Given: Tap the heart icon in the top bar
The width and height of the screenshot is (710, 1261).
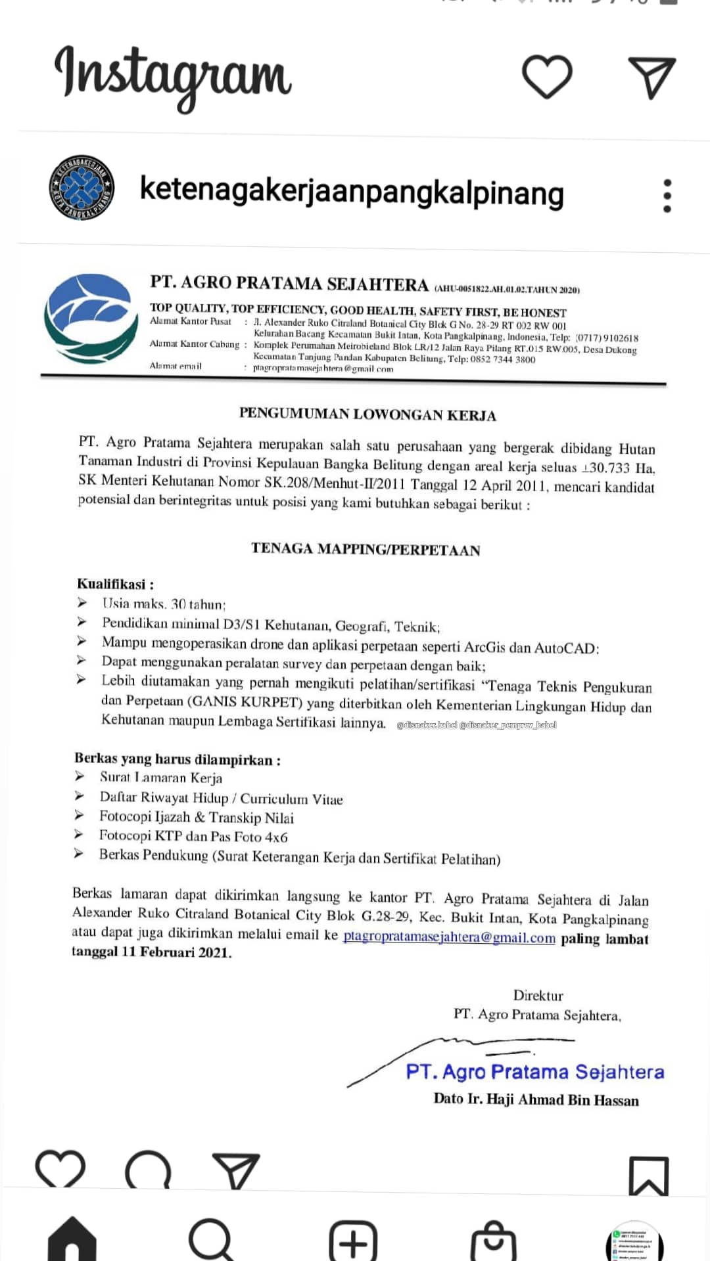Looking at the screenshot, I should click(x=547, y=76).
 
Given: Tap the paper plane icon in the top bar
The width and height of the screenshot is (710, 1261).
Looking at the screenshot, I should click(x=651, y=77).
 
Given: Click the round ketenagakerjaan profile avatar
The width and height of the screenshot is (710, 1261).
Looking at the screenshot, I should click(x=82, y=188).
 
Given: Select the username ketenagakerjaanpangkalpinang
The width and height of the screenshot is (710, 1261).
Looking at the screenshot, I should click(x=352, y=192).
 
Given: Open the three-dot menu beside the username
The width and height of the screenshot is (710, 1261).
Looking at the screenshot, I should click(x=667, y=196).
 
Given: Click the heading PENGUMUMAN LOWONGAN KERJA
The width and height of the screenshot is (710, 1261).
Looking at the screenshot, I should click(x=367, y=414).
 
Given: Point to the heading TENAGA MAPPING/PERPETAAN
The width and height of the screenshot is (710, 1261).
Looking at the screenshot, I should click(x=366, y=549).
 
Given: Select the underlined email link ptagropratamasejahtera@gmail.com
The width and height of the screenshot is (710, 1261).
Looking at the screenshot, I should click(x=449, y=937).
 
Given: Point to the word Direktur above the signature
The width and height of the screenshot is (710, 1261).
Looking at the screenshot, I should click(x=538, y=995).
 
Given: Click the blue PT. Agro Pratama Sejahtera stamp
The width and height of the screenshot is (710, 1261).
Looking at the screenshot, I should click(x=534, y=1072).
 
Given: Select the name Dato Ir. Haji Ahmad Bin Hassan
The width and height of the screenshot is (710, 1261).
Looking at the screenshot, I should click(x=536, y=1099).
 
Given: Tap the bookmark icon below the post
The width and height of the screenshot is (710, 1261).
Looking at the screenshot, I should click(x=648, y=1175).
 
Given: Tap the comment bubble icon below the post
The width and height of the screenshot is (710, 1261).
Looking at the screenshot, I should click(x=149, y=1172).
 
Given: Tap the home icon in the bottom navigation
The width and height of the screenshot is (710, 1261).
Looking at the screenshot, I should click(x=72, y=1240).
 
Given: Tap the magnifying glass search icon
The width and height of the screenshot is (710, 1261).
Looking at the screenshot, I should click(x=211, y=1240).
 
